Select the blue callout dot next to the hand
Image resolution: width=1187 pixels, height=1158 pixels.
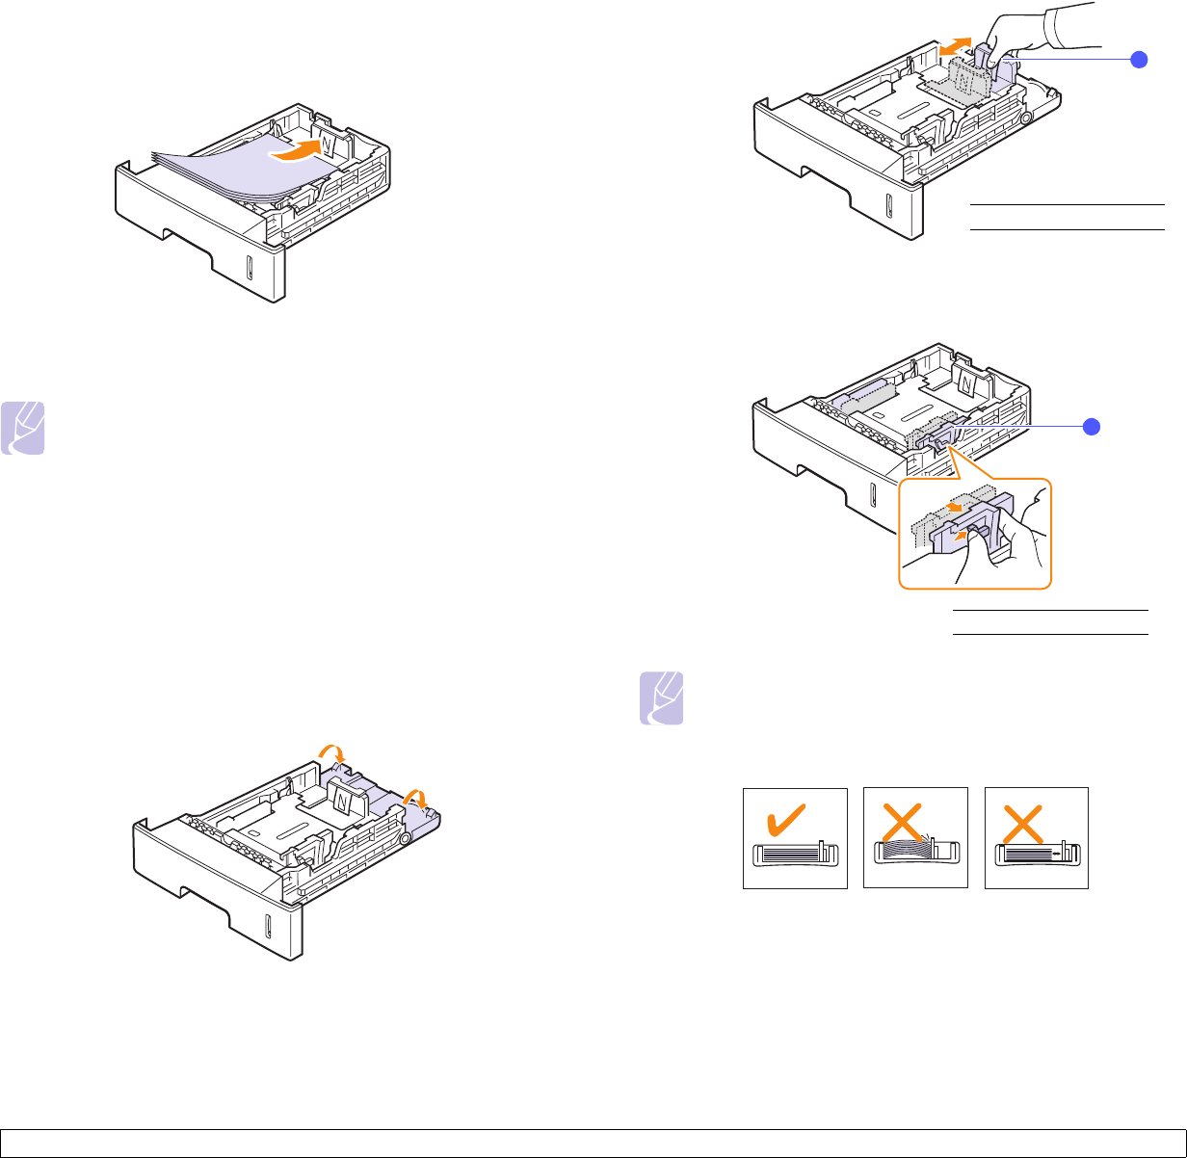click(1140, 60)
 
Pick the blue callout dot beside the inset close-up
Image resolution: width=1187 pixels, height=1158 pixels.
click(1091, 427)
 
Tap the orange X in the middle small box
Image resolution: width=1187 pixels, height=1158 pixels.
click(913, 821)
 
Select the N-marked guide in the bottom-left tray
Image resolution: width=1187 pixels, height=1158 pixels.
click(343, 798)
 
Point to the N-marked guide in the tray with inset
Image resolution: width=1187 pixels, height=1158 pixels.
click(967, 382)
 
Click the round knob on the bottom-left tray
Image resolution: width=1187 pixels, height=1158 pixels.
click(404, 839)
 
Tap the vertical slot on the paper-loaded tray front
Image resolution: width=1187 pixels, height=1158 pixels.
click(249, 267)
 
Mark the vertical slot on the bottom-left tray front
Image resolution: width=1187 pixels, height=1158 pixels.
click(269, 927)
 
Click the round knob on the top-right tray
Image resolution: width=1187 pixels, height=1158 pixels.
click(1024, 118)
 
